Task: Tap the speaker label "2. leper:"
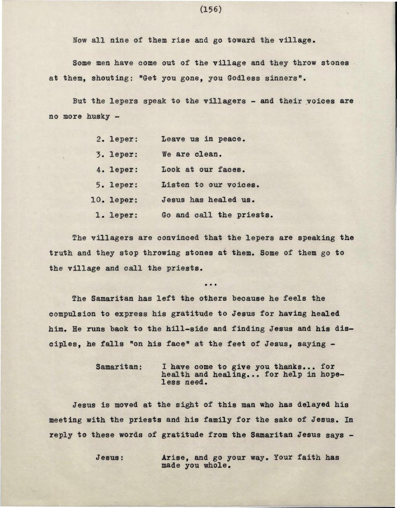tap(117, 139)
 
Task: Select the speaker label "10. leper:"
tap(115, 200)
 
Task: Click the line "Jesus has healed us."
tap(209, 200)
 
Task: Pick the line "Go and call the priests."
tap(217, 216)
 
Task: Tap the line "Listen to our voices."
tap(210, 185)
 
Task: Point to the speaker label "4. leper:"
tap(117, 170)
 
